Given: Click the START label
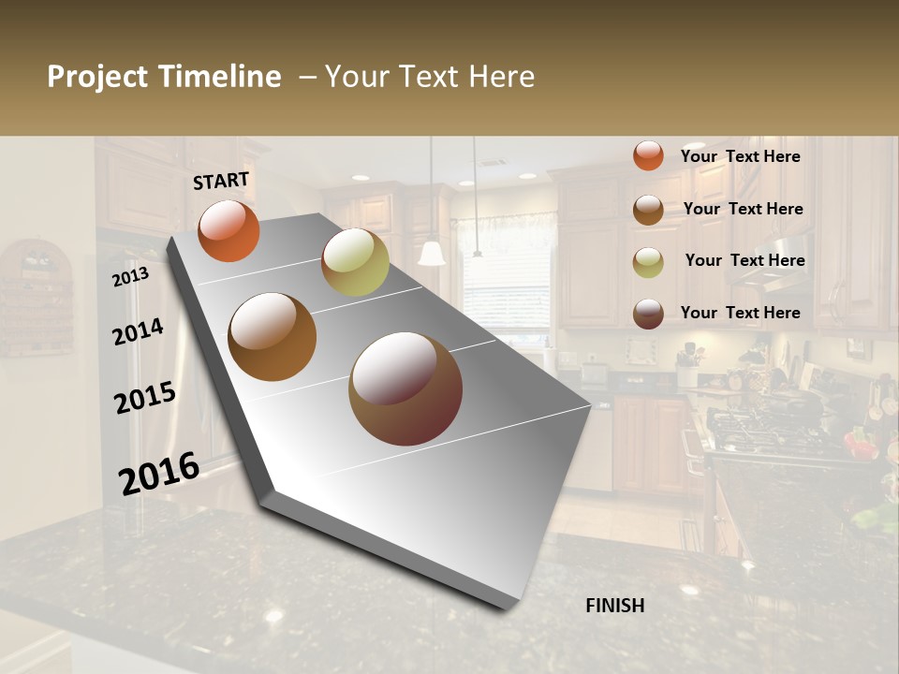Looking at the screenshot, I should (221, 181).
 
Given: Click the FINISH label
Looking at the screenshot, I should (614, 606).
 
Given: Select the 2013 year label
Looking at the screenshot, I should (130, 276).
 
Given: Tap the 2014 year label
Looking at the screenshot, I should (138, 331).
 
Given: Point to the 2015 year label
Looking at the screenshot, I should (144, 398).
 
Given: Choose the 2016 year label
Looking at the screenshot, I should (158, 473).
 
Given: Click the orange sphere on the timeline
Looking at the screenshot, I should (228, 230).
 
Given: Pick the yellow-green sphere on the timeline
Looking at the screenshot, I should (355, 262).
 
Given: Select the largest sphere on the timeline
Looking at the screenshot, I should (405, 388).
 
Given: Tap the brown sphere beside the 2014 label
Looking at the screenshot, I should (272, 337).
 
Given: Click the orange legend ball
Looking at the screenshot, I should (648, 155).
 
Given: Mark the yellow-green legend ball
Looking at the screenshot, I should (648, 262).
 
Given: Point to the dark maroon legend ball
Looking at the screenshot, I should (648, 314).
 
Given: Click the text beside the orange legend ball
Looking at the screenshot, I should (740, 156).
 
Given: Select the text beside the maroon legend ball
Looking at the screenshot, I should (740, 313).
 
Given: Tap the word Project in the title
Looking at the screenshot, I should (97, 77).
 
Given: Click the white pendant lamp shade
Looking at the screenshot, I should (432, 254).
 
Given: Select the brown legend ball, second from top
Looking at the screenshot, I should (648, 210).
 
